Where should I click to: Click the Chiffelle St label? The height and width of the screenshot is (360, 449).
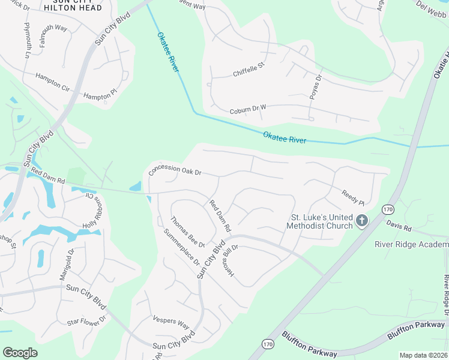[249, 69]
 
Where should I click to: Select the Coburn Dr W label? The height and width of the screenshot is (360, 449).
[247, 109]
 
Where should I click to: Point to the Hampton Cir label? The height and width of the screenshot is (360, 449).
[52, 82]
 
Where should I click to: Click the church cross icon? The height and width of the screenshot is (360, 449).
[361, 221]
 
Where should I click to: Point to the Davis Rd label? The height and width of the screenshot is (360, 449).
[399, 228]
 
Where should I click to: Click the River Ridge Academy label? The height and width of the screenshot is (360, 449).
[411, 244]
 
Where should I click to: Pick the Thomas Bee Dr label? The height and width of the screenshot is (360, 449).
[188, 232]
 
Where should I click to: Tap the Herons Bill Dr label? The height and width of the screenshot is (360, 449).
[231, 256]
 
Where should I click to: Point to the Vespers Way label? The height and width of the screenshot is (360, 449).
[171, 321]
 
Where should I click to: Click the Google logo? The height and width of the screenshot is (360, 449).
[20, 353]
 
